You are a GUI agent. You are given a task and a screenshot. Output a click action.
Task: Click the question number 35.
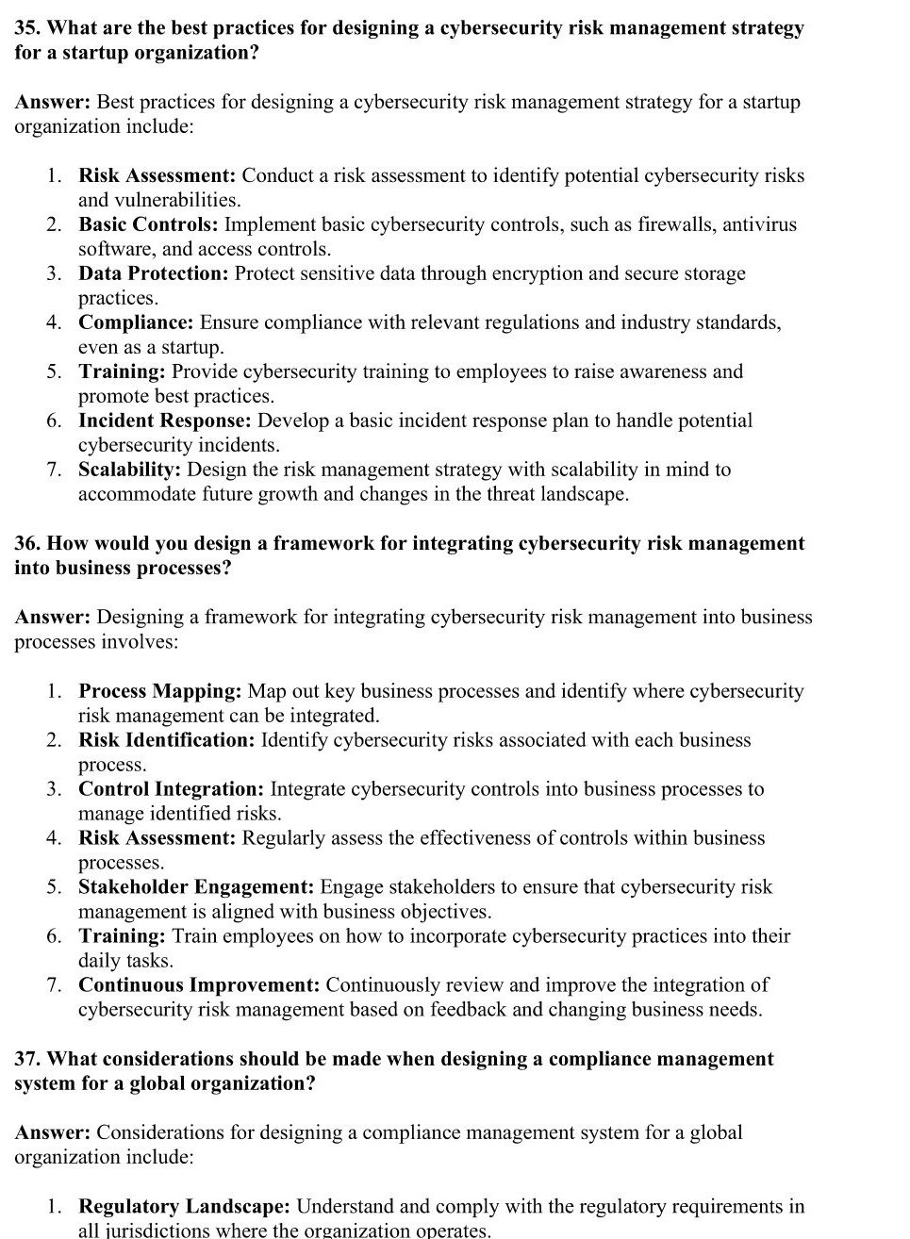click(x=26, y=28)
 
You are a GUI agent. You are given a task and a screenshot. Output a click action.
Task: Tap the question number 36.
click(x=26, y=543)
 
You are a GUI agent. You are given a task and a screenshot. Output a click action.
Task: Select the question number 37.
click(x=26, y=1059)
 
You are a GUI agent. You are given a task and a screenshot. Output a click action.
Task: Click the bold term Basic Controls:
click(x=148, y=224)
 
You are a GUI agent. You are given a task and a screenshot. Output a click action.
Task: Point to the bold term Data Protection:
click(x=153, y=273)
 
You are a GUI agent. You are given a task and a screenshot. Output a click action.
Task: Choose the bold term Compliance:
click(x=136, y=322)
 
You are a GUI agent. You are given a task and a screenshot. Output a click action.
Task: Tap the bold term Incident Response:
click(x=164, y=421)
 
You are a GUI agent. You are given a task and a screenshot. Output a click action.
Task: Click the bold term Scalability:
click(x=130, y=470)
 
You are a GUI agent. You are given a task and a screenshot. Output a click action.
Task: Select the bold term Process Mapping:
click(x=159, y=691)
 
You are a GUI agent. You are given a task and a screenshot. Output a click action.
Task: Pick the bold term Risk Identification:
click(x=166, y=740)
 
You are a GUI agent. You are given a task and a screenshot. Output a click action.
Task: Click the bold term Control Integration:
click(x=171, y=789)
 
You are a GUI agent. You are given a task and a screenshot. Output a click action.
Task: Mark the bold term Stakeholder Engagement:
click(x=196, y=887)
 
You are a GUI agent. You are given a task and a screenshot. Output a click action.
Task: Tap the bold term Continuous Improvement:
click(x=199, y=985)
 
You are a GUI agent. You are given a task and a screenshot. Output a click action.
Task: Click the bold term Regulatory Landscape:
click(x=184, y=1207)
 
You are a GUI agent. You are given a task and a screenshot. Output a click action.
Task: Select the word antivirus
click(x=759, y=224)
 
